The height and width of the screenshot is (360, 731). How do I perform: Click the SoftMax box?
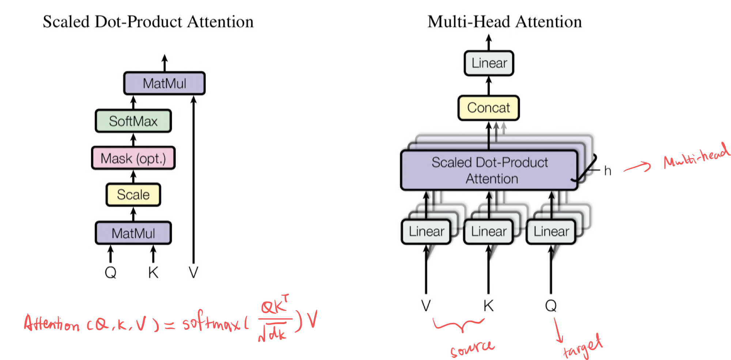(133, 121)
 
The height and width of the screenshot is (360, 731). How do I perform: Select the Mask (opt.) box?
(133, 158)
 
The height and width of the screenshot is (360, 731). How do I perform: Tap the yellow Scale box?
(133, 194)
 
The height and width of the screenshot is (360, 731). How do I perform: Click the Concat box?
(488, 108)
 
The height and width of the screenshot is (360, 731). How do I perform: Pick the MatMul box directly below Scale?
(133, 233)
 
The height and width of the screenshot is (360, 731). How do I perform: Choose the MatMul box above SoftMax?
(164, 83)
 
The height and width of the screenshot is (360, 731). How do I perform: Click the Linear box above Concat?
(489, 63)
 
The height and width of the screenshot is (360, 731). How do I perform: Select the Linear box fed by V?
(426, 231)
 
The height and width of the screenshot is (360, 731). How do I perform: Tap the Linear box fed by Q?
(551, 231)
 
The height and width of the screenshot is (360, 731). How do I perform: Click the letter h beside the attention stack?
(607, 171)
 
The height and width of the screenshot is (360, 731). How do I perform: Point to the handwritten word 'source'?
(472, 349)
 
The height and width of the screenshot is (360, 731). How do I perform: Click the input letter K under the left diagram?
(153, 273)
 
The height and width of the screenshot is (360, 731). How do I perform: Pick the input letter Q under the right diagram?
(551, 306)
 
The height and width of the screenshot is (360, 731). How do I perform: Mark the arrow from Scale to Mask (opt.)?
(133, 177)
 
